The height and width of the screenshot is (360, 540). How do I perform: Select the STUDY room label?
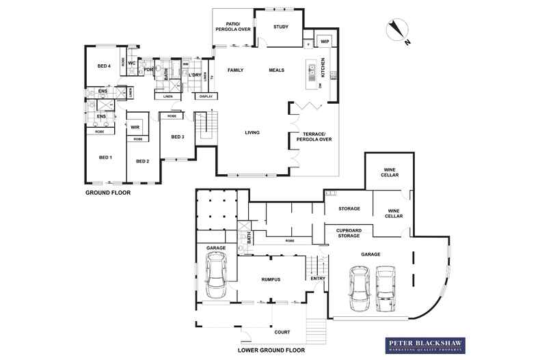(281, 27)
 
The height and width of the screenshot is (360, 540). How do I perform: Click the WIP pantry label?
(324, 42)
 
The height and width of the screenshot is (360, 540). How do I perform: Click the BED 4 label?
(104, 66)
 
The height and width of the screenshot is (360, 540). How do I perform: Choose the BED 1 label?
(105, 158)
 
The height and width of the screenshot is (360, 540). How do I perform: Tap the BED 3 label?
(177, 137)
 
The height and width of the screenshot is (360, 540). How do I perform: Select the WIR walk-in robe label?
(135, 126)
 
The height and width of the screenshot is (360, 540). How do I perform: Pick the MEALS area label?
(276, 70)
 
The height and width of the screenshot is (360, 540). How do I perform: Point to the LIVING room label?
(253, 133)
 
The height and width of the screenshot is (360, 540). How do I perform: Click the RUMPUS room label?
(271, 279)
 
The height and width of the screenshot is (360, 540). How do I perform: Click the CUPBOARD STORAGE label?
(348, 234)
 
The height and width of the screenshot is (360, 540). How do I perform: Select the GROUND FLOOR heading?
(107, 193)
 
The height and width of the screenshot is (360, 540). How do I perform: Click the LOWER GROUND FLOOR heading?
(271, 350)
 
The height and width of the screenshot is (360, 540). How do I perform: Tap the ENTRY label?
(318, 279)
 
